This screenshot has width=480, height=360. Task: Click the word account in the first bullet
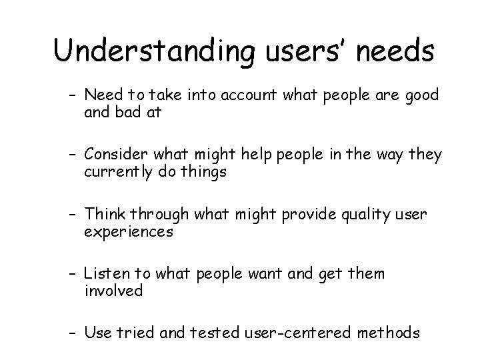(x=241, y=96)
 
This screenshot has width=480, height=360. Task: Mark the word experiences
(x=129, y=231)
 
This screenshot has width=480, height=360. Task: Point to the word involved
(x=114, y=290)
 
